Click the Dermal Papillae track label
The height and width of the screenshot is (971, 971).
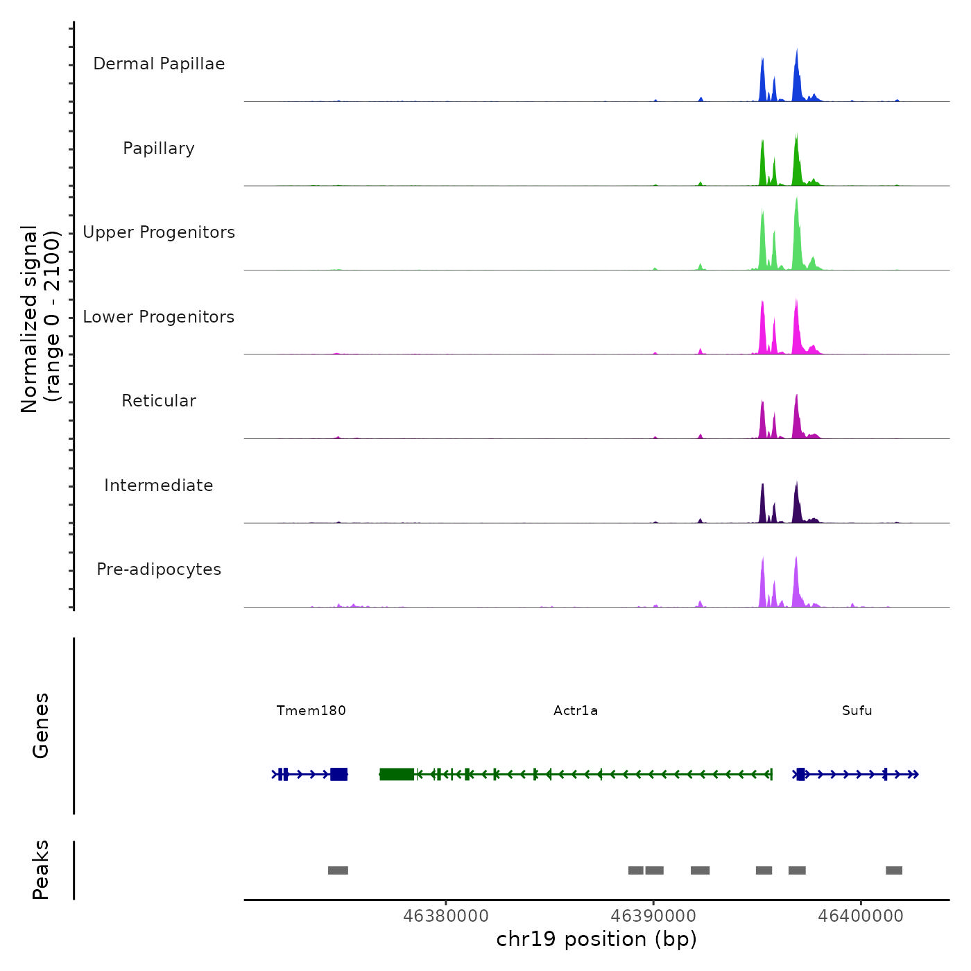click(x=159, y=64)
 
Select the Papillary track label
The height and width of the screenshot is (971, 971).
click(x=159, y=148)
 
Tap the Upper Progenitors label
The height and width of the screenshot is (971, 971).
click(x=159, y=232)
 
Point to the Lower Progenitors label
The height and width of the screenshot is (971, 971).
click(x=159, y=317)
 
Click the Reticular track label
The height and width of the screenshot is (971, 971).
click(x=159, y=401)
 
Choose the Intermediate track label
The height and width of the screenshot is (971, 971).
click(x=159, y=486)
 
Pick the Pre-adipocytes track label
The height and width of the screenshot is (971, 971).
click(x=159, y=569)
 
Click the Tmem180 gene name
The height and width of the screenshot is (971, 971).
click(x=311, y=710)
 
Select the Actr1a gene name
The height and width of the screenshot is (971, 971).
click(x=576, y=710)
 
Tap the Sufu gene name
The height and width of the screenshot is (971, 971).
click(x=857, y=710)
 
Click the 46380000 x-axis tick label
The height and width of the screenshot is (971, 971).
click(x=446, y=916)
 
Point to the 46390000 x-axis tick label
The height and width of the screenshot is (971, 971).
click(x=653, y=916)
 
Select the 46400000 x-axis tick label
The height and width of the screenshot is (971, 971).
click(x=861, y=916)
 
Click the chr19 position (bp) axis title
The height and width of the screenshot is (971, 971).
click(x=596, y=939)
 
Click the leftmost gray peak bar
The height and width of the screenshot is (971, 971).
click(x=338, y=870)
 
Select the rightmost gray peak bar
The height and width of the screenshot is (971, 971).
click(x=894, y=870)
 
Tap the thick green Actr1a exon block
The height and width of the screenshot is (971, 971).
click(x=397, y=774)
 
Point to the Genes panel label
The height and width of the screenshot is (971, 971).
click(x=41, y=725)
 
